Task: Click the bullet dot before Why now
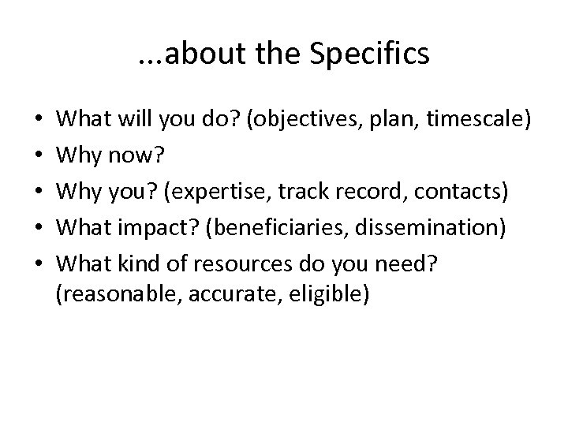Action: coord(39,155)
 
